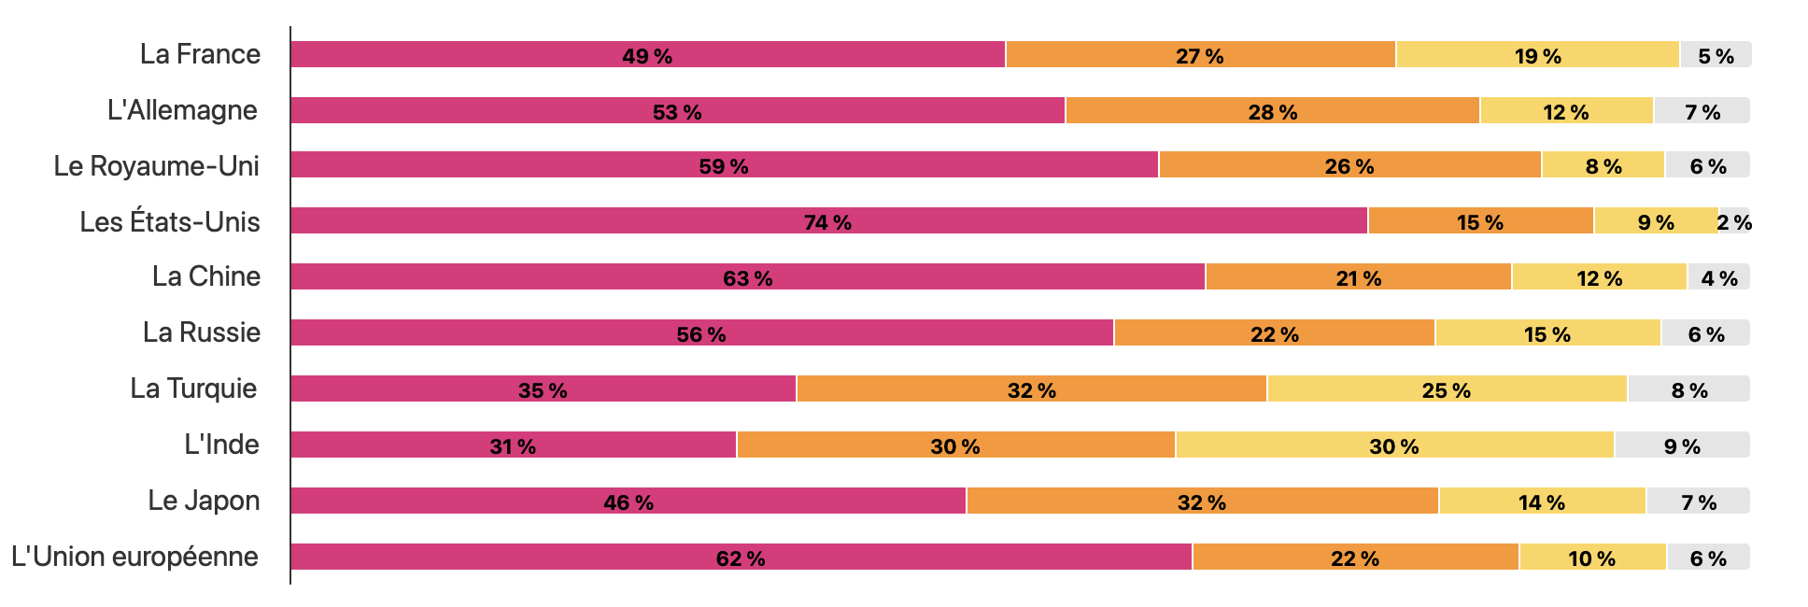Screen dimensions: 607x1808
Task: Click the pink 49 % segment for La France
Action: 647,55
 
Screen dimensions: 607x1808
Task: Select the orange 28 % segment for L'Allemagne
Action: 1272,111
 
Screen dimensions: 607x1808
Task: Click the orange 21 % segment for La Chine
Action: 1358,277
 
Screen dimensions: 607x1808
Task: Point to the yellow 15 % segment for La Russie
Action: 1547,333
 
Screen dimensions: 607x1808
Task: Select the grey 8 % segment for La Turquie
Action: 1688,389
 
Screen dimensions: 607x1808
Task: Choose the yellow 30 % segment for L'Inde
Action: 1394,445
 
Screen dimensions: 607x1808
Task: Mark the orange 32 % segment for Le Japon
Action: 1202,501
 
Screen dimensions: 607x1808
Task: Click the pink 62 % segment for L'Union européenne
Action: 741,558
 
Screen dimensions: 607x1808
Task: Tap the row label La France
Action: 200,54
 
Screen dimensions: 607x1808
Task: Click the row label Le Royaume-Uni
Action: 156,166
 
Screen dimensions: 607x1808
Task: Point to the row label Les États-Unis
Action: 169,222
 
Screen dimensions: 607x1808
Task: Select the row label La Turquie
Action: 193,388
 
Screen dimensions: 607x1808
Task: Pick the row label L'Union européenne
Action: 134,557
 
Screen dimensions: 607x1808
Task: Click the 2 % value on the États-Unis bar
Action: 1734,222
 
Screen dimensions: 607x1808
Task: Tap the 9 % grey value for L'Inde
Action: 1682,446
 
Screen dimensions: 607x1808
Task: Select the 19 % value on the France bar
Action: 1537,56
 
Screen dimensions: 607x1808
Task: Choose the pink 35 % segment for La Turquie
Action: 543,389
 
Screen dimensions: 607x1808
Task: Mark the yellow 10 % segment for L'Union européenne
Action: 1591,558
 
